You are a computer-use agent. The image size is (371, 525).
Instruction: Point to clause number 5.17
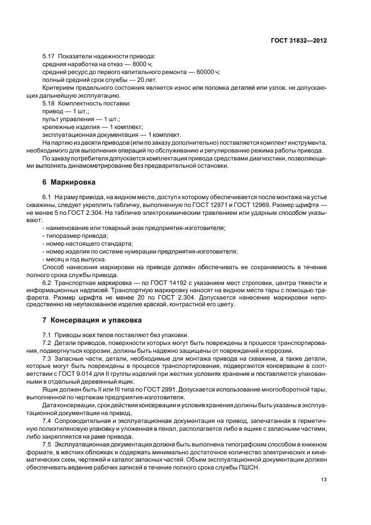[49, 57]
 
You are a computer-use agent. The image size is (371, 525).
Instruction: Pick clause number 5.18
[49, 104]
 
